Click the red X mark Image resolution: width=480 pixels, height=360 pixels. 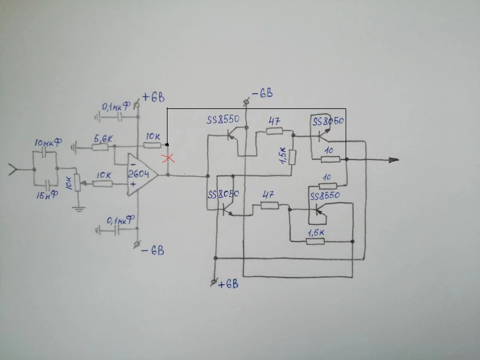(168, 158)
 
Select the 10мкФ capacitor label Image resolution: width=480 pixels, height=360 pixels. (48, 142)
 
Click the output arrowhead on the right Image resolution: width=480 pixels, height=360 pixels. (394, 160)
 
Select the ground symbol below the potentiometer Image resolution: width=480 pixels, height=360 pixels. (79, 209)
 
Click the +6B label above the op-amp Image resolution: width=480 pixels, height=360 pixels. (154, 98)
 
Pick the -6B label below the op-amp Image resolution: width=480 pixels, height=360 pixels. (153, 251)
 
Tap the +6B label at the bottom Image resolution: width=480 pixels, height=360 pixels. (228, 284)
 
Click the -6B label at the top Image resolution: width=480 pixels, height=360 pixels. (262, 93)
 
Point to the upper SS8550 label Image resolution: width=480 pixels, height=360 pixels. (223, 119)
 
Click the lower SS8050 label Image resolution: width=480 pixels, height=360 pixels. (223, 194)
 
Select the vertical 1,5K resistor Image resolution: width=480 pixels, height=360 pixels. (292, 157)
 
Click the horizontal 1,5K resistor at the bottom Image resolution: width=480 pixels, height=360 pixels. (315, 242)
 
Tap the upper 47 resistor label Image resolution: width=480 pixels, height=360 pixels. (274, 121)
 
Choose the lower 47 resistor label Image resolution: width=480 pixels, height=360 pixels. (268, 195)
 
